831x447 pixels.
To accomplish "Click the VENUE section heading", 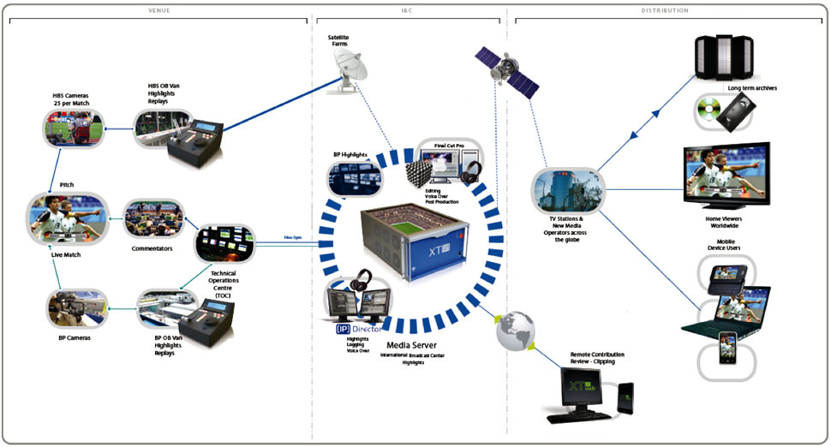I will point(159,10).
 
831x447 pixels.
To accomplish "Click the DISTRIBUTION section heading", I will point(665,10).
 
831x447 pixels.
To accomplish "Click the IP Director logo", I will point(358,327).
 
